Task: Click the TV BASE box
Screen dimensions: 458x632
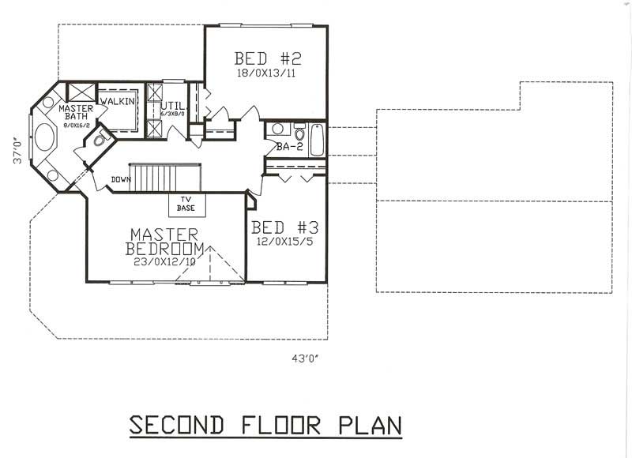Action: click(187, 205)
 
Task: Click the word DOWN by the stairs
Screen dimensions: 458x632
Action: click(121, 179)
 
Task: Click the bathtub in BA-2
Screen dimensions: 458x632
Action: click(318, 138)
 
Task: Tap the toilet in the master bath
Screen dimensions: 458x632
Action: click(98, 141)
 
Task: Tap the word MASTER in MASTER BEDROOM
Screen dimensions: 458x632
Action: click(163, 235)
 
